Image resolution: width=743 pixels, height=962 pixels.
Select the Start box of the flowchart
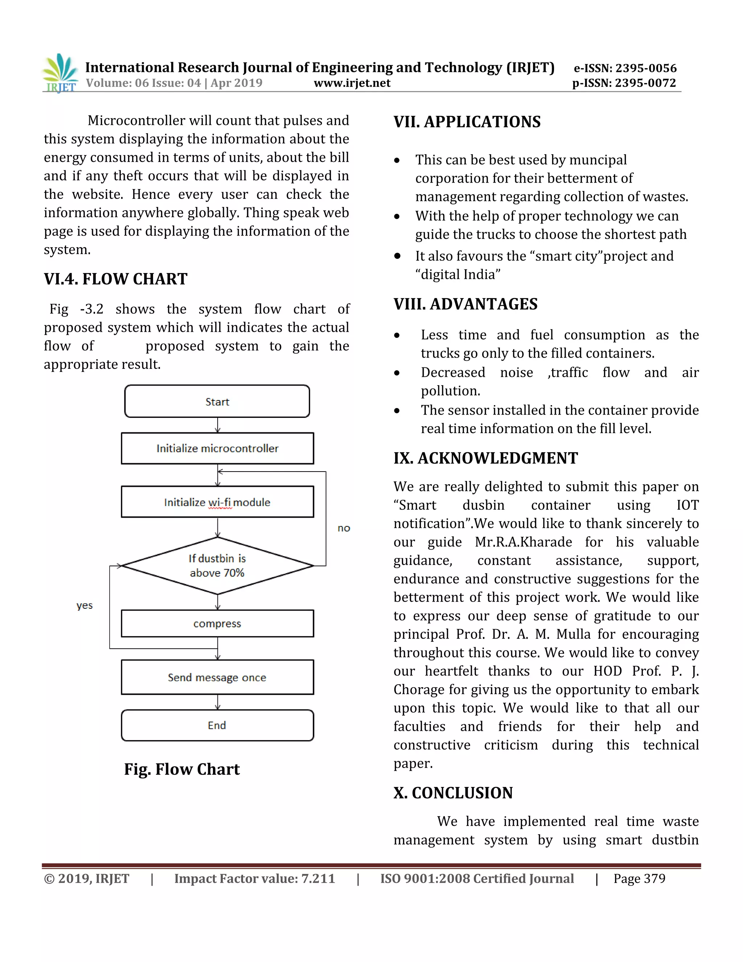pyautogui.click(x=217, y=401)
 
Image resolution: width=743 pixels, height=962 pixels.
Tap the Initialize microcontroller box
pyautogui.click(x=217, y=448)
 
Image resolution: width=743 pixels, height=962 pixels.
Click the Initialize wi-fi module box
pyautogui.click(x=217, y=502)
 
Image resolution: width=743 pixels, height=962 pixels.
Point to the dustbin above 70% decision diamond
pyautogui.click(x=217, y=566)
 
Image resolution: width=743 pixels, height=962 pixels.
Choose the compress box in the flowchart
pyautogui.click(x=217, y=624)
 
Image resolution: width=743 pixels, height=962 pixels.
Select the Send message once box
pyautogui.click(x=217, y=677)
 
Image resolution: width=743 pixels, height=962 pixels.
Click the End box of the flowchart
pyautogui.click(x=217, y=725)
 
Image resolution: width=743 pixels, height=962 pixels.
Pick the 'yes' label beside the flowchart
pyautogui.click(x=85, y=606)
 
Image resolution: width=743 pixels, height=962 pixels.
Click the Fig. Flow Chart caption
pyautogui.click(x=182, y=770)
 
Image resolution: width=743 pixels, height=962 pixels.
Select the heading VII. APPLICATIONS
pyautogui.click(x=467, y=122)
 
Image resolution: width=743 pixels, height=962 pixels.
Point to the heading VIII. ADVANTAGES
pyautogui.click(x=465, y=304)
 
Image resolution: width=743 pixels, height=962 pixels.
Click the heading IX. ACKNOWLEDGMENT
pyautogui.click(x=485, y=458)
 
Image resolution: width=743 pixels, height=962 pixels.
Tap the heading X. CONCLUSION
pyautogui.click(x=453, y=793)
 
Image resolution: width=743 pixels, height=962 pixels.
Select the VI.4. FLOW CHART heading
pyautogui.click(x=115, y=279)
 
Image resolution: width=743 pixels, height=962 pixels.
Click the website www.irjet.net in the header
pyautogui.click(x=352, y=83)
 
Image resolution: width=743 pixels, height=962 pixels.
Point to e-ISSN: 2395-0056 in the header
pyautogui.click(x=625, y=68)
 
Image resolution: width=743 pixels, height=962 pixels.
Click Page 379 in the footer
pyautogui.click(x=639, y=879)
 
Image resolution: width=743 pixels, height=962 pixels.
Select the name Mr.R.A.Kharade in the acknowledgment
pyautogui.click(x=524, y=542)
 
